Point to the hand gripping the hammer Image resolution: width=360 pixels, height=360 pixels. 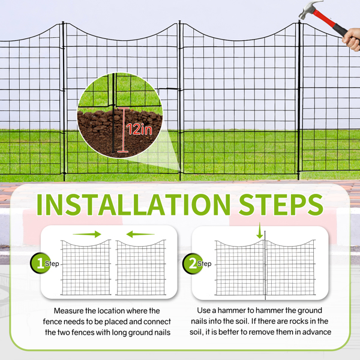352,40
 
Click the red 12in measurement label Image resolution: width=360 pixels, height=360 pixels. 139,130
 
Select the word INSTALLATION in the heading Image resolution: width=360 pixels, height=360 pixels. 133,205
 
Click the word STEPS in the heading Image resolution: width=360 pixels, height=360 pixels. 281,205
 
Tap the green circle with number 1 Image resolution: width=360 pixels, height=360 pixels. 40,263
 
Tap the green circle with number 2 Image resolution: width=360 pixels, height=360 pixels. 193,263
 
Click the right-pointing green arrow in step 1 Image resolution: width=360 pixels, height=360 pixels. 87,234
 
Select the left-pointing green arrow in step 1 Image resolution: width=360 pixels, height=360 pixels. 140,234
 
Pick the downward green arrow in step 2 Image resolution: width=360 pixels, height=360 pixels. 260,230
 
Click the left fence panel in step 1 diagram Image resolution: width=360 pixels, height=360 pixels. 86,268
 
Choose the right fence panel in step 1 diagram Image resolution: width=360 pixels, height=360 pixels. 141,268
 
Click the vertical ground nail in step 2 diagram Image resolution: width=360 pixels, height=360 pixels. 265,265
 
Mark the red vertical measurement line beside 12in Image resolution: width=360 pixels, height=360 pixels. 123,130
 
